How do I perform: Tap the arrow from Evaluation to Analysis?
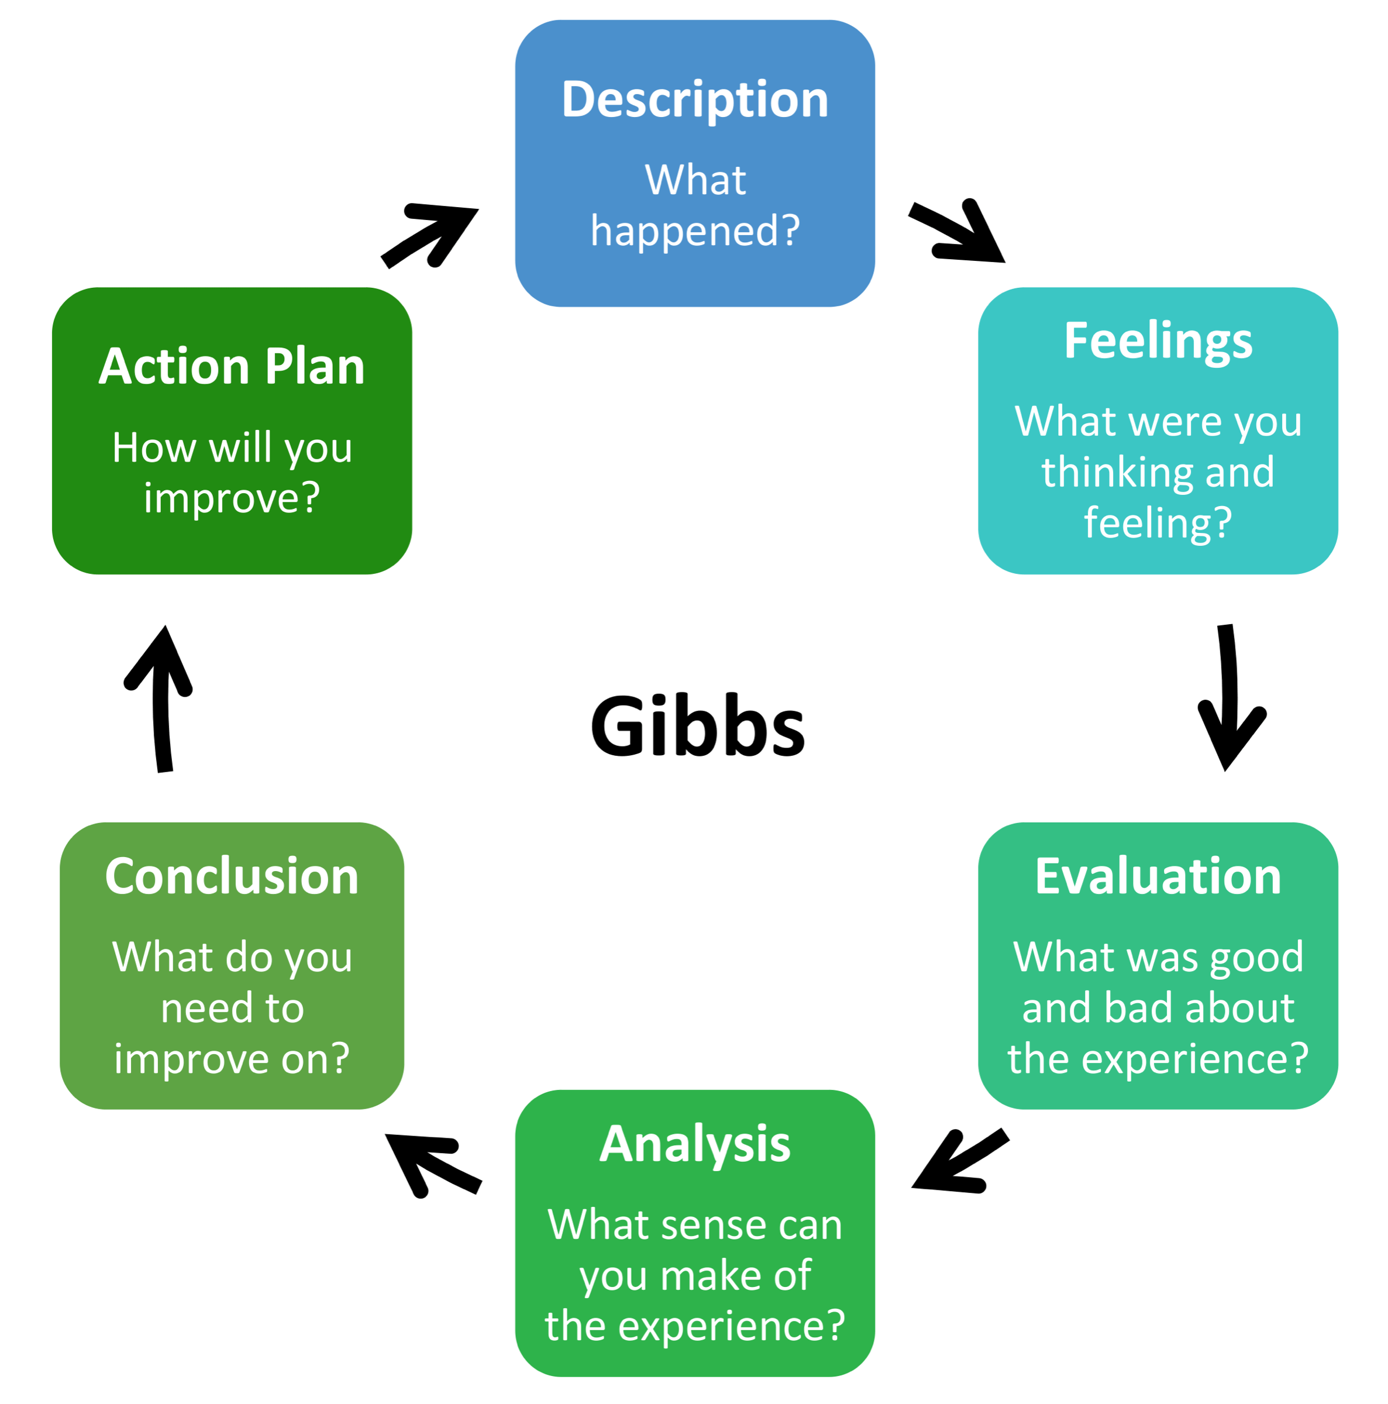click(958, 1163)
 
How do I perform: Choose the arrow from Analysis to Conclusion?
click(432, 1163)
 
